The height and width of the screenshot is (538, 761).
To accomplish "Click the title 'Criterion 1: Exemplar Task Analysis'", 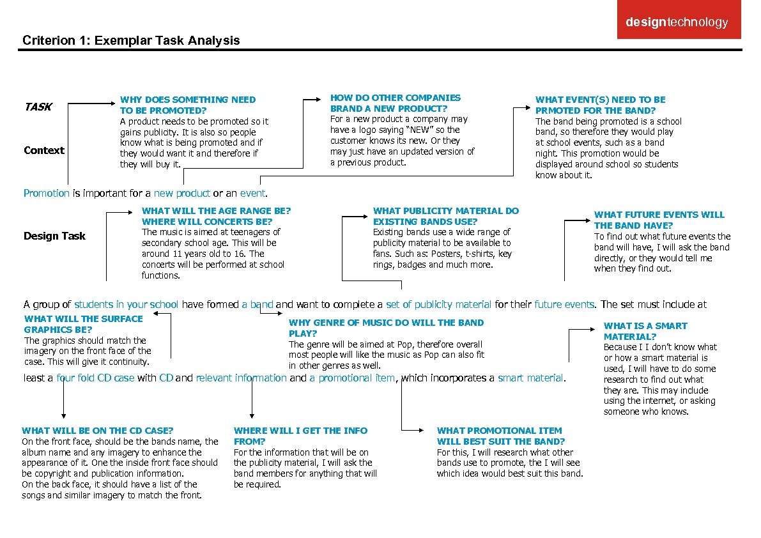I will [131, 41].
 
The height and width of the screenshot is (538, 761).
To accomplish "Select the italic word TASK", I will [38, 107].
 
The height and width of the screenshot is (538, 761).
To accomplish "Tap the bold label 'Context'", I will [43, 150].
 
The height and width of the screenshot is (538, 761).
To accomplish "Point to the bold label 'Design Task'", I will [54, 236].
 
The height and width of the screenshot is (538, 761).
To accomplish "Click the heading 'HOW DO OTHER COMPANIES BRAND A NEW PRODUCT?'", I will [395, 103].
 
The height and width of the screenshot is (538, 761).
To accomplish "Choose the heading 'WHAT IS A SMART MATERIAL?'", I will [645, 331].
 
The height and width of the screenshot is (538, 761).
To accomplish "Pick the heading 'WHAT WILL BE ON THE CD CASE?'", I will [97, 431].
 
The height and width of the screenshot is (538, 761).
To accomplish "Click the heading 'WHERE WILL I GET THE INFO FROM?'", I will [300, 436].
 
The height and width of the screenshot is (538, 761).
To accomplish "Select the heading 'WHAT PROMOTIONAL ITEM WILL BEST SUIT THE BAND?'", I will [500, 436].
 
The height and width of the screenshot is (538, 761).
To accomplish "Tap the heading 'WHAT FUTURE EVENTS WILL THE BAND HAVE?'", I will [659, 220].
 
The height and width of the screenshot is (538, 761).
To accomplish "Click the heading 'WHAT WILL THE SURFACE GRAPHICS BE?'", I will [83, 324].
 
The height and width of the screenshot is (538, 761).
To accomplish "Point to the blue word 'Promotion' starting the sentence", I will [46, 193].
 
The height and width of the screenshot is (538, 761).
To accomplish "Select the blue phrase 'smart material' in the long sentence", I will [531, 378].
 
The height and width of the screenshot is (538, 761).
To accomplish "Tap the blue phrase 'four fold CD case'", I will [95, 378].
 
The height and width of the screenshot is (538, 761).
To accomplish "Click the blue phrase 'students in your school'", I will [127, 304].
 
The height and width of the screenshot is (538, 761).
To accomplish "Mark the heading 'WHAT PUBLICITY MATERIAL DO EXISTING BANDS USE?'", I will [445, 216].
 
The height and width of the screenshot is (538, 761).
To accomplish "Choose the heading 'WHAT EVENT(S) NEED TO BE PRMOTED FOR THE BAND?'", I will [600, 105].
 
